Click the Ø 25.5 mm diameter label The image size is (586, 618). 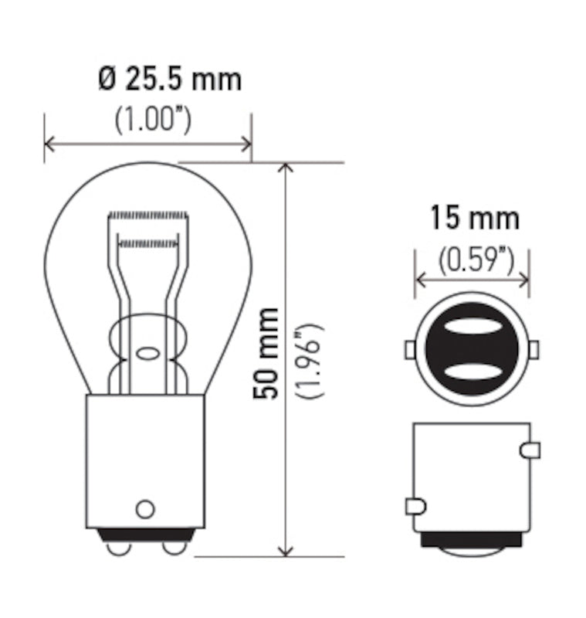click(170, 78)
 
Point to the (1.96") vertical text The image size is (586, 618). click(310, 360)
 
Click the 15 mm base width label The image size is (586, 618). click(474, 219)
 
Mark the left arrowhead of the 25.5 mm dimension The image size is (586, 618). click(49, 144)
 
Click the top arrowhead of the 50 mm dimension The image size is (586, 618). click(286, 168)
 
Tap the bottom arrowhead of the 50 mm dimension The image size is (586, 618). click(286, 549)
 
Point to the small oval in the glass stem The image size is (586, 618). click(147, 355)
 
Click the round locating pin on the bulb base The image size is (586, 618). click(144, 509)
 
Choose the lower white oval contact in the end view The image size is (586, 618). click(473, 371)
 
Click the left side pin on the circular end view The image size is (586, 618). click(410, 350)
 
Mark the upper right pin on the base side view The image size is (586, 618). click(531, 450)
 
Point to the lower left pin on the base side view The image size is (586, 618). click(415, 507)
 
